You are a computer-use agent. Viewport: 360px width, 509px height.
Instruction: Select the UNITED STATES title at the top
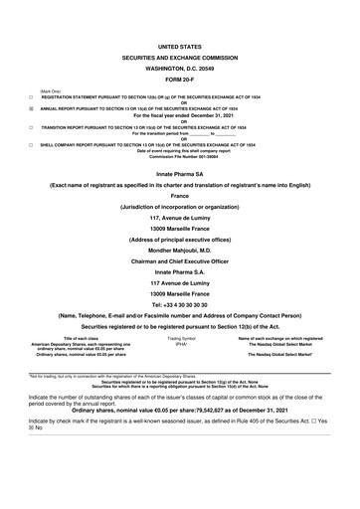point(179,47)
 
